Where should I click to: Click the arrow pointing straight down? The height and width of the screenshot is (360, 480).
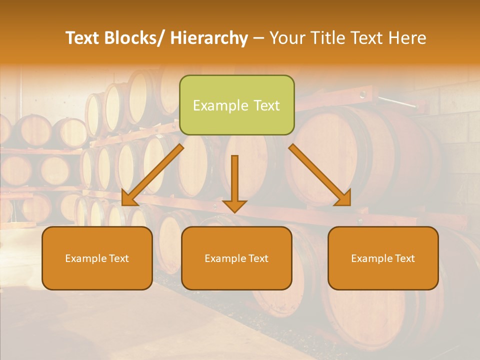pyautogui.click(x=234, y=182)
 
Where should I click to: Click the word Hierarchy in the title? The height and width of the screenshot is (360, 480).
pyautogui.click(x=209, y=38)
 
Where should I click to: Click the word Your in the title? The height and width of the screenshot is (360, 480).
pyautogui.click(x=286, y=38)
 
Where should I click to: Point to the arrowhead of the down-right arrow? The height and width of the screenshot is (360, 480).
pyautogui.click(x=344, y=199)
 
